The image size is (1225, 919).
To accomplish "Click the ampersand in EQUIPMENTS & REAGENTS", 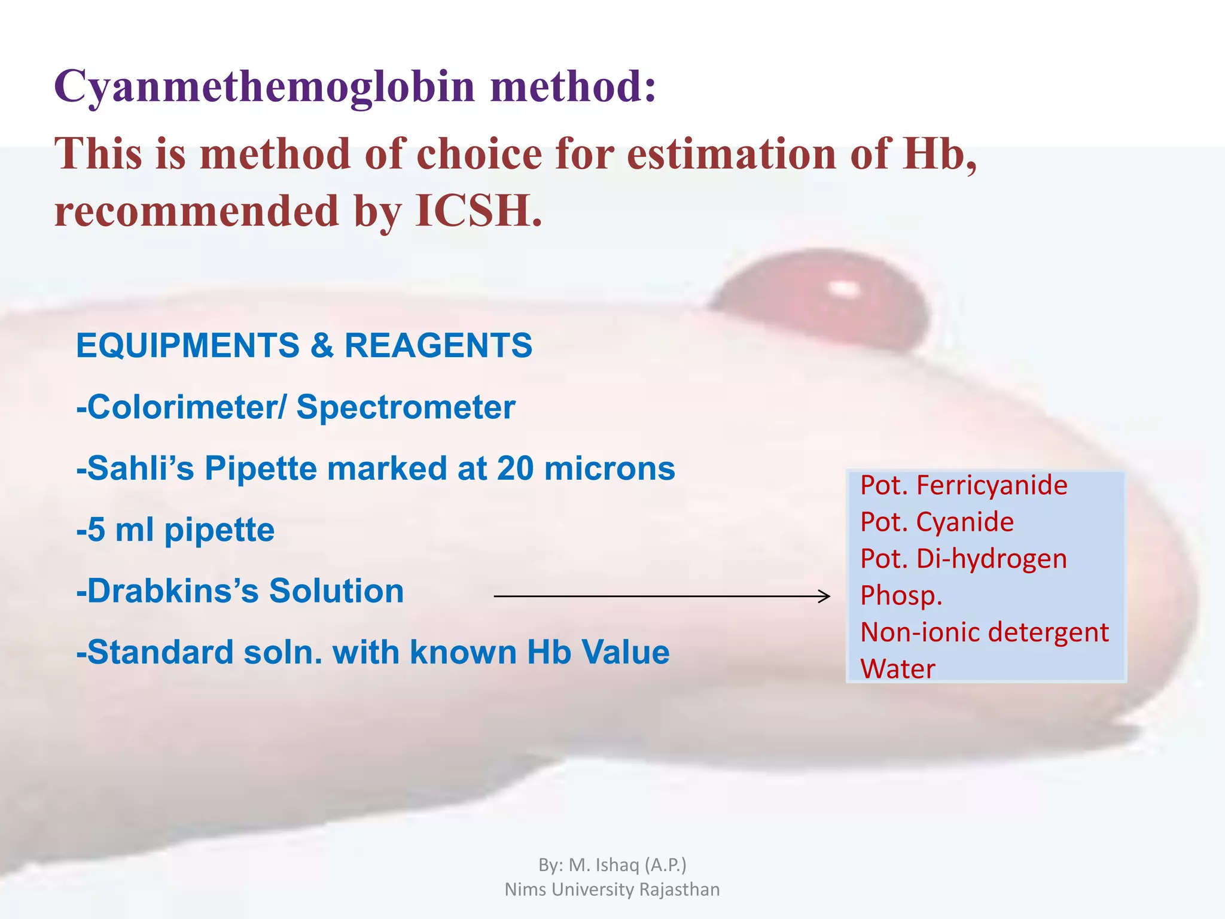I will [322, 346].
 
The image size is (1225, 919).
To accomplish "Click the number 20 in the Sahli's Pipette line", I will [514, 468].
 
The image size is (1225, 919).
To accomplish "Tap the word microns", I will [610, 468].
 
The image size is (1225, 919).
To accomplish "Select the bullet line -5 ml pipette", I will [175, 530].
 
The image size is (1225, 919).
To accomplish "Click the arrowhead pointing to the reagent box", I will [824, 596].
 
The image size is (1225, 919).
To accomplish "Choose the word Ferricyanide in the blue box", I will [992, 485].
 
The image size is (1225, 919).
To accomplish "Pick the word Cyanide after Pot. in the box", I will [965, 522].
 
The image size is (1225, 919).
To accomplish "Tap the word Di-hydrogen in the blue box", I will [992, 559].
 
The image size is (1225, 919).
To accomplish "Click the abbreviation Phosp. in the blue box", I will [901, 596].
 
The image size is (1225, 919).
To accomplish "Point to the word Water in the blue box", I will [897, 669].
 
